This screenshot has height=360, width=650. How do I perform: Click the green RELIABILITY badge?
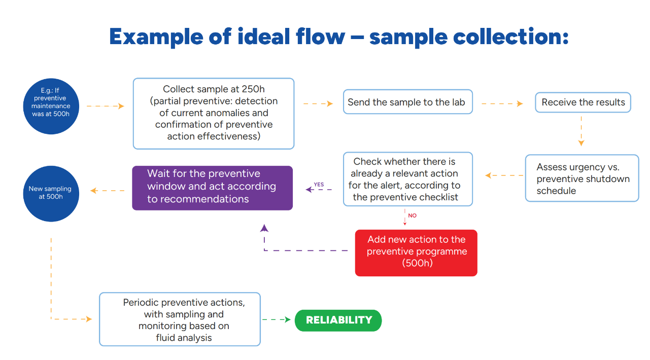pyautogui.click(x=338, y=320)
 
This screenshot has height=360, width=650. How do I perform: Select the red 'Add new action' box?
pyautogui.click(x=416, y=253)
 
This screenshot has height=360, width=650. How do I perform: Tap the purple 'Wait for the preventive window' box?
pyautogui.click(x=212, y=188)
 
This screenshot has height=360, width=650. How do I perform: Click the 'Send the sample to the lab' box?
pyautogui.click(x=407, y=102)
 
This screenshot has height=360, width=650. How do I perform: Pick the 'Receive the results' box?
pyautogui.click(x=583, y=102)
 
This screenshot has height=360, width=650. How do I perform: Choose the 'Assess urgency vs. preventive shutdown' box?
pyautogui.click(x=581, y=178)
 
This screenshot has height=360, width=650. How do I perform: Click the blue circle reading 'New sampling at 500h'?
pyautogui.click(x=51, y=193)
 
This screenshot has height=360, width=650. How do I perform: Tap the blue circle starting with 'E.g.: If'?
pyautogui.click(x=51, y=106)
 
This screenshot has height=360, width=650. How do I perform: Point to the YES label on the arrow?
pyautogui.click(x=319, y=185)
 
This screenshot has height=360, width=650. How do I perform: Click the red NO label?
pyautogui.click(x=412, y=215)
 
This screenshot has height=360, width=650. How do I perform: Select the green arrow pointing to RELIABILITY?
pyautogui.click(x=277, y=320)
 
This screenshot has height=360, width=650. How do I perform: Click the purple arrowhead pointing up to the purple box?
pyautogui.click(x=264, y=228)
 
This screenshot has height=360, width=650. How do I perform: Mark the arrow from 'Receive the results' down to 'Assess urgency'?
pyautogui.click(x=581, y=131)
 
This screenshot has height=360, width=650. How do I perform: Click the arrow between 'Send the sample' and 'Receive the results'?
pyautogui.click(x=501, y=104)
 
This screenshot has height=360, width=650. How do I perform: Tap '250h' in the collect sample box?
pyautogui.click(x=252, y=89)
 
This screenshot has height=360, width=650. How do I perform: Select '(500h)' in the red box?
pyautogui.click(x=416, y=263)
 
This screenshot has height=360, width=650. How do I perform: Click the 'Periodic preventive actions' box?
pyautogui.click(x=180, y=319)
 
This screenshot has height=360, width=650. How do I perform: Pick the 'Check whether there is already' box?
pyautogui.click(x=407, y=179)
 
